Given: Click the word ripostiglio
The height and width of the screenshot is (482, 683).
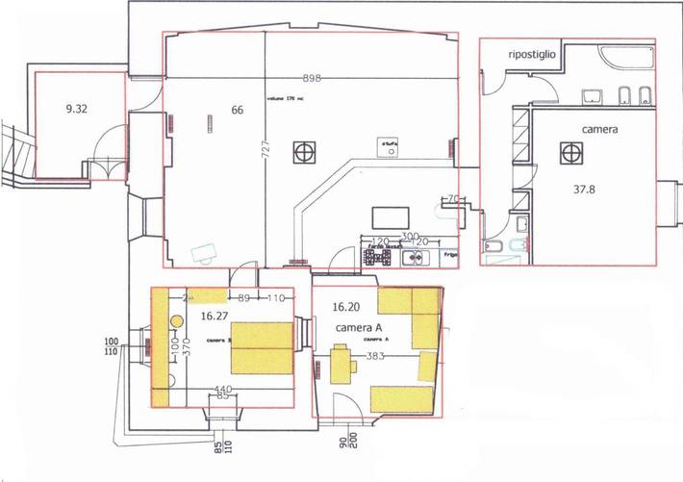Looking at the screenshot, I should coord(532,55).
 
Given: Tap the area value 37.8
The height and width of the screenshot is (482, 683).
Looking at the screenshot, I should coord(579,190).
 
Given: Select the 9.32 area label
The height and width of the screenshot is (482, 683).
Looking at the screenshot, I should coord(77,109).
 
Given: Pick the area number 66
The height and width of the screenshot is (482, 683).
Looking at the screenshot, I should coord(237,110).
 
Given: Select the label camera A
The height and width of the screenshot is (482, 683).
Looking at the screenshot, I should coord(359,328).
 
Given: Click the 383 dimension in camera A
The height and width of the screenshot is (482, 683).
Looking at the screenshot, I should coord(375,356).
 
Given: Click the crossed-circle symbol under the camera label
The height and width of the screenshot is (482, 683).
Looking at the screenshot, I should coord(571,152).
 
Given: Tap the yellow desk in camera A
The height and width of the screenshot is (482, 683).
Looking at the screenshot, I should coord(340,366).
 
